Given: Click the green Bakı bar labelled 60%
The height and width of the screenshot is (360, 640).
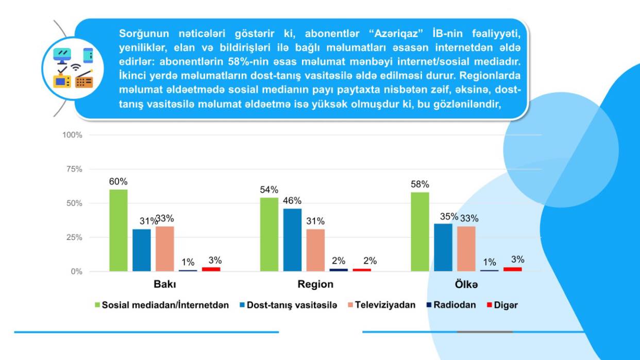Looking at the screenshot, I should point(118,230).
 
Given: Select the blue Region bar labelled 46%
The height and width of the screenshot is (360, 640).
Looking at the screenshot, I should point(292,239).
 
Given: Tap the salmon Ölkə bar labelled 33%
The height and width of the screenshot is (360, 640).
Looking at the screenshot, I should point(466,249).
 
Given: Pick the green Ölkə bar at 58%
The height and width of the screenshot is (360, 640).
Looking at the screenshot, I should point(419,232).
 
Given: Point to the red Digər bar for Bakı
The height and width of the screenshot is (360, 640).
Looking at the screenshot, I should point(211,269).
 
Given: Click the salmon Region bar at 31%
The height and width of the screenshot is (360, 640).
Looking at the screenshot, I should point(315,250).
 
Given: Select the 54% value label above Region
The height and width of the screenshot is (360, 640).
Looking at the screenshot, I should point(269,190).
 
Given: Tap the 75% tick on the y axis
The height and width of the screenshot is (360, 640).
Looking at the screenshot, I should point(72,169).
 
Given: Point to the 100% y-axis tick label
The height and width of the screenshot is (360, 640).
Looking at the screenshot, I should point(72,135).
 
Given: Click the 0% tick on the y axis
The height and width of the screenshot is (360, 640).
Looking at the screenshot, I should point(76,271).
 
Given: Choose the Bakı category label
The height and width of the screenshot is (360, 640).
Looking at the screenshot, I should point(164,284).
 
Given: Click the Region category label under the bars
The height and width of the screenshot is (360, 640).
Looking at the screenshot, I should point(315,284).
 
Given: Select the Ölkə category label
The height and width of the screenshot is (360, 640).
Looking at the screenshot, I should point(466,284).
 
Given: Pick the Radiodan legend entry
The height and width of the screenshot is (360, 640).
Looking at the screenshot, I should point(454,305).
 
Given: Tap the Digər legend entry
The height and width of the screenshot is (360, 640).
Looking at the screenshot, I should point(505,305).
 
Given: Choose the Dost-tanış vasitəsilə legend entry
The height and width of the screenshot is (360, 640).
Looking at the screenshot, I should point(292,305).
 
